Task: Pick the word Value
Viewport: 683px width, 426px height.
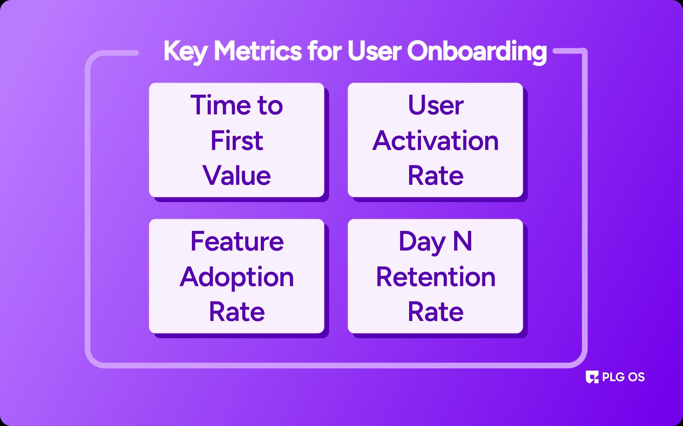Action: (237, 175)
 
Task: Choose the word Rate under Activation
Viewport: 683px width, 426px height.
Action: (436, 175)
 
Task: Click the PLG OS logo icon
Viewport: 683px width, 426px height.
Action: (592, 377)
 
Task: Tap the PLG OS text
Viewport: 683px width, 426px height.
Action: (623, 377)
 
